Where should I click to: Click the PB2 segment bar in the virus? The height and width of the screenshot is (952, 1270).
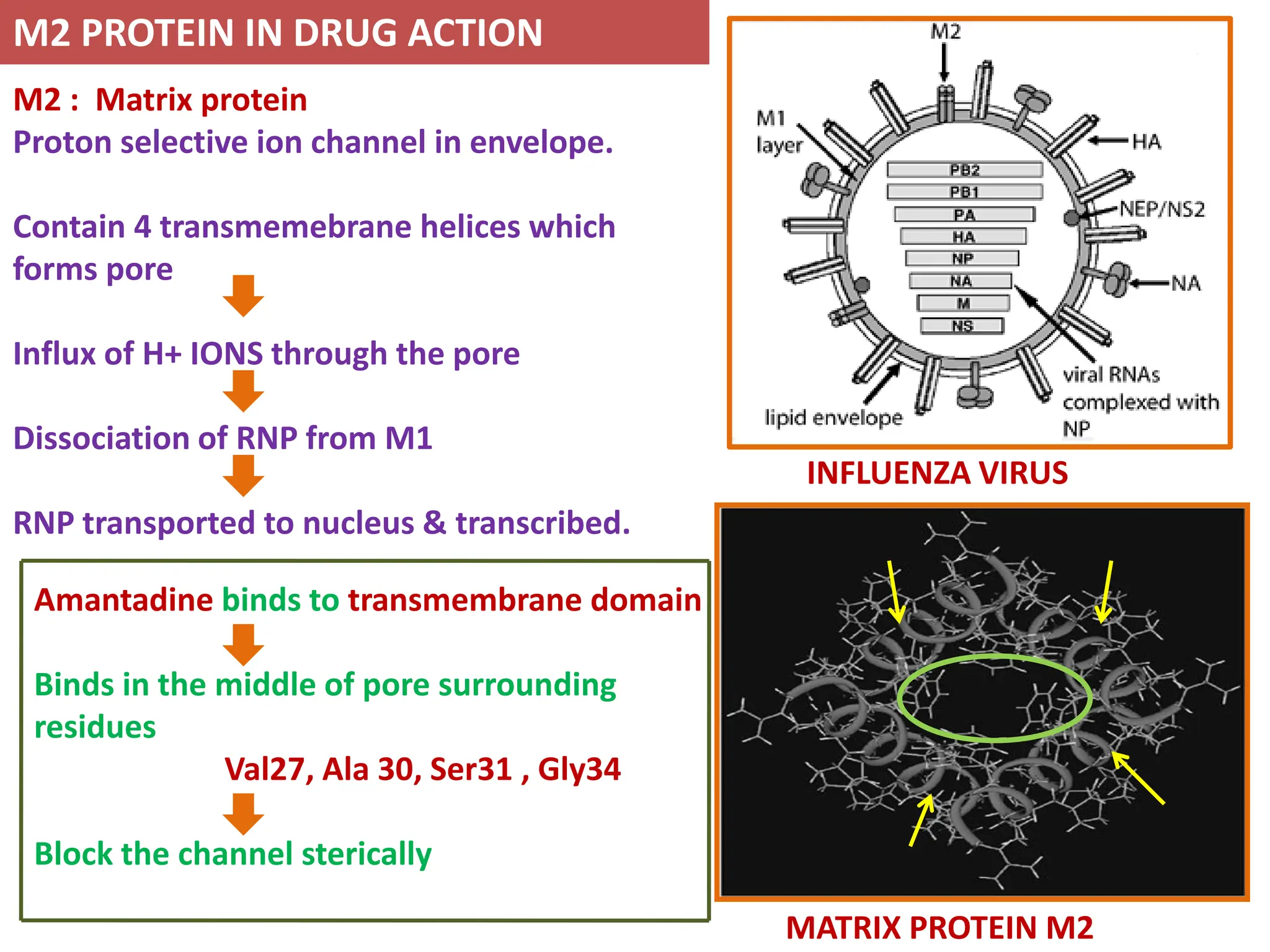pyautogui.click(x=964, y=170)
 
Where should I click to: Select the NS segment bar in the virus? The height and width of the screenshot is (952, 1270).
pyautogui.click(x=962, y=326)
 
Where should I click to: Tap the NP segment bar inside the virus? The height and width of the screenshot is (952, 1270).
pyautogui.click(x=962, y=258)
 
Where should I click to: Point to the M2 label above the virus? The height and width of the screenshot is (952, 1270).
pyautogui.click(x=945, y=31)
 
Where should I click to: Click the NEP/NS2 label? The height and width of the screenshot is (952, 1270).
pyautogui.click(x=1162, y=209)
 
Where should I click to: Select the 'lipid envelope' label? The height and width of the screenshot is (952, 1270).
pyautogui.click(x=833, y=418)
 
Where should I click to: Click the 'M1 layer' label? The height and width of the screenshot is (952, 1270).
pyautogui.click(x=778, y=131)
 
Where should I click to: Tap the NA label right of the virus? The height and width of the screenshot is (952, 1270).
pyautogui.click(x=1186, y=284)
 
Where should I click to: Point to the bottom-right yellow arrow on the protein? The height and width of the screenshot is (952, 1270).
pyautogui.click(x=1139, y=778)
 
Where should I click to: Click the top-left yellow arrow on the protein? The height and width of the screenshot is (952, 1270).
pyautogui.click(x=894, y=592)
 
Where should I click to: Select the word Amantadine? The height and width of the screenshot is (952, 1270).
pyautogui.click(x=123, y=600)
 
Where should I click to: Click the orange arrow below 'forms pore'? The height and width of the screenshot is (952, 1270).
pyautogui.click(x=243, y=296)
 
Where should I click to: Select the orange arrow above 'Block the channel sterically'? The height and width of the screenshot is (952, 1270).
pyautogui.click(x=243, y=814)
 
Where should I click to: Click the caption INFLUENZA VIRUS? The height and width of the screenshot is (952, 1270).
pyautogui.click(x=937, y=474)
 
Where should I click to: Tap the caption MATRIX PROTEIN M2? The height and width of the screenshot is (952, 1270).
pyautogui.click(x=939, y=928)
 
